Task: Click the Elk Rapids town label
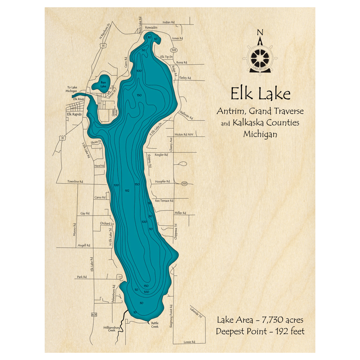[x=75, y=114]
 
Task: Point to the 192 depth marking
[x=126, y=190]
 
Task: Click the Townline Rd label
[x=75, y=181]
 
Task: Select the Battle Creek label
[x=154, y=325]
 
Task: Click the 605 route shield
[x=94, y=315]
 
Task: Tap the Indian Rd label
[x=168, y=22]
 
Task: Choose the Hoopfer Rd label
[x=162, y=181]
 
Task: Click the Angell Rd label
[x=84, y=245]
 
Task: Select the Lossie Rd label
[x=189, y=342]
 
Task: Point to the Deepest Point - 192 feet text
[x=260, y=331]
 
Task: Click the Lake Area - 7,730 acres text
[x=260, y=320]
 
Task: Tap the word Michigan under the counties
[x=260, y=134]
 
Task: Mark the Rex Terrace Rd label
[x=164, y=201]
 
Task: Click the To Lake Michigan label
[x=72, y=89]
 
